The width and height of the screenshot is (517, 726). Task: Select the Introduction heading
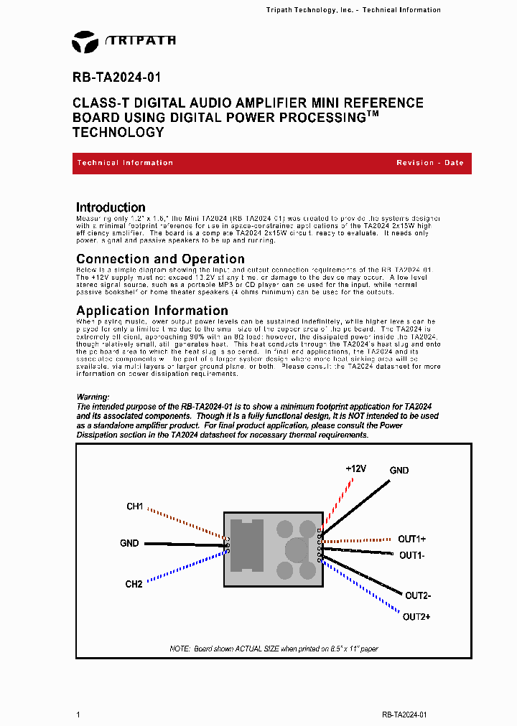tap(111, 207)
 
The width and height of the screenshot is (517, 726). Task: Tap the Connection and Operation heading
tap(160, 259)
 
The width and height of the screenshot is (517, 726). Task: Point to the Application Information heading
tap(152, 311)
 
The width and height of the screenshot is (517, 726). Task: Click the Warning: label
tap(93, 397)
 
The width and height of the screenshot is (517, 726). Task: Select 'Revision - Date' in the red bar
tap(429, 163)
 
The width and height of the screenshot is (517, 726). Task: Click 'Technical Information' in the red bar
tap(125, 163)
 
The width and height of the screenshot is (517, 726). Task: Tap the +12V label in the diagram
tap(355, 468)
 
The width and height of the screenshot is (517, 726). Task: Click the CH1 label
tap(134, 506)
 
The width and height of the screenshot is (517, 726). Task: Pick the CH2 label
tap(134, 584)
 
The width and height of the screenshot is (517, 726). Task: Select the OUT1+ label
tap(413, 539)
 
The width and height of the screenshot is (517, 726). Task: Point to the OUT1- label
tap(411, 555)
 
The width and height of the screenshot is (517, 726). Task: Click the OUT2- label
tap(418, 595)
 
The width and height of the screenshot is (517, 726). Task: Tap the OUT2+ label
tap(416, 617)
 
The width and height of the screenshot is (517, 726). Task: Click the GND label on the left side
tap(129, 543)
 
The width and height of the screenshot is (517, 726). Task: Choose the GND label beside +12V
tap(399, 471)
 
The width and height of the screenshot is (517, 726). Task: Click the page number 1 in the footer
tap(78, 715)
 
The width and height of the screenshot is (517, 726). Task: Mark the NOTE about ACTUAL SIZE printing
tap(274, 649)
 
